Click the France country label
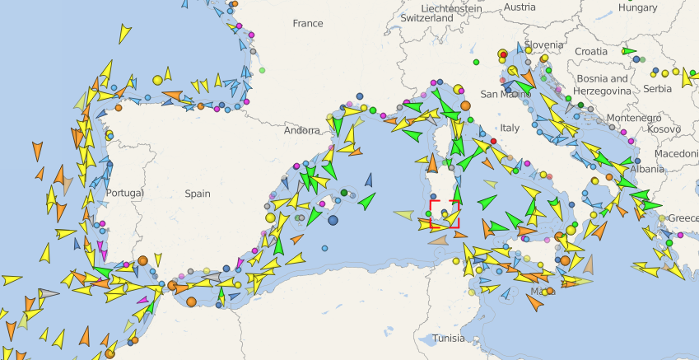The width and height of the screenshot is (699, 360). click(x=307, y=23)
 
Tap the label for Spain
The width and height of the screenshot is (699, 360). click(x=197, y=194)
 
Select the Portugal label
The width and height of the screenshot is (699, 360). click(x=124, y=193)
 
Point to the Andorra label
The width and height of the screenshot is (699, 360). click(x=301, y=130)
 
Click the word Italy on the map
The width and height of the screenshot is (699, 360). click(x=510, y=128)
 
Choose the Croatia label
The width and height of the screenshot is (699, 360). click(x=590, y=51)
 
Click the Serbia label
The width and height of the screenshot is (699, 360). click(x=658, y=88)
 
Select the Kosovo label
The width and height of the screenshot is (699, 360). click(x=664, y=129)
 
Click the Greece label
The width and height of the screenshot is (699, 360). click(x=683, y=218)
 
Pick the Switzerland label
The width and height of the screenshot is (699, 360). click(x=426, y=17)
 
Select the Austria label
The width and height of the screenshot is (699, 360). click(x=519, y=7)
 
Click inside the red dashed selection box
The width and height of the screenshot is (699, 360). click(x=445, y=213)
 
